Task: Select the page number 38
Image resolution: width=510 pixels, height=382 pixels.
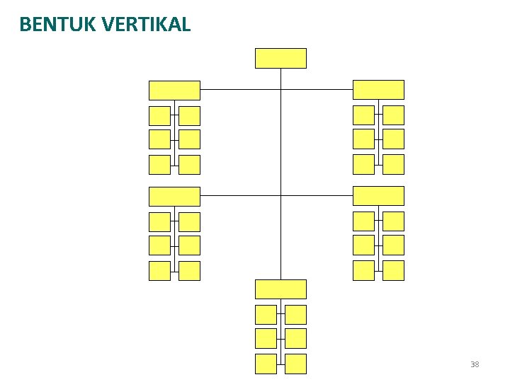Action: [474, 364]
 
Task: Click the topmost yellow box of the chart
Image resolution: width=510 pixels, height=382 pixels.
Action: [280, 58]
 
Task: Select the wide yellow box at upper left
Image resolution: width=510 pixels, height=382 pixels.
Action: [174, 90]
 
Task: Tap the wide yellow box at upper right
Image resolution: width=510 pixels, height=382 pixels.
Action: [378, 89]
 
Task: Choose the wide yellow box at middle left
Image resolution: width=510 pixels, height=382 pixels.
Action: [174, 196]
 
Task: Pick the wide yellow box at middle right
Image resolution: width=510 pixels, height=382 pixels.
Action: [378, 195]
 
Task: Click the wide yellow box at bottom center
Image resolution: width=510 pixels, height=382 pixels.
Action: [280, 289]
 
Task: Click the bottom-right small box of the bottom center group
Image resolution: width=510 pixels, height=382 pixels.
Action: [295, 364]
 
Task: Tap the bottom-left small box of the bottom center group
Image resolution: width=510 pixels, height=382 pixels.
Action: [266, 364]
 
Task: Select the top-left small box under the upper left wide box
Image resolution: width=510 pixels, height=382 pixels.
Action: [159, 115]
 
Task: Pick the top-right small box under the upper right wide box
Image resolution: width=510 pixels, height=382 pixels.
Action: [393, 115]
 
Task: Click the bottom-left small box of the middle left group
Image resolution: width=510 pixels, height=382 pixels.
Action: [159, 270]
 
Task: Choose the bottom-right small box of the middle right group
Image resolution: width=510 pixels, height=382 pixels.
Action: [393, 270]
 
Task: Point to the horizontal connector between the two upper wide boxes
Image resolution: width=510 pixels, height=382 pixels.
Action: [241, 90]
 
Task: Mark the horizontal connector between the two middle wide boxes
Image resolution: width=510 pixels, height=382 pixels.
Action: [241, 195]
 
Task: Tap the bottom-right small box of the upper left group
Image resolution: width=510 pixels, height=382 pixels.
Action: [189, 164]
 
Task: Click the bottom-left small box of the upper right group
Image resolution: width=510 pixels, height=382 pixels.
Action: [363, 163]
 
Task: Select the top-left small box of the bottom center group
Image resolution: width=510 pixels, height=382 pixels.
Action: [266, 315]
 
